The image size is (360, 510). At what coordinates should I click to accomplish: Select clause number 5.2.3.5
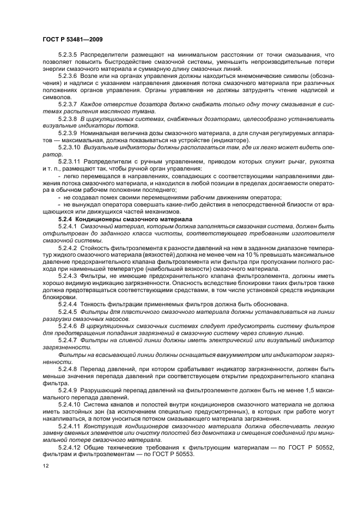tap(69, 55)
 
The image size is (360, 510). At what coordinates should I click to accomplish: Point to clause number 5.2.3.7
tap(69, 104)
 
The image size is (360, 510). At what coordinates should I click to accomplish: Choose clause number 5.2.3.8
tap(69, 118)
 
